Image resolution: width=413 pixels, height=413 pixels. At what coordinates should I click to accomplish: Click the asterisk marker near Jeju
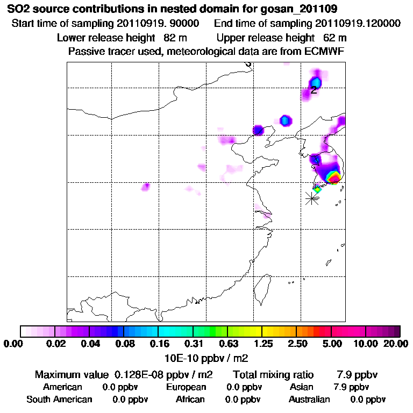tap(311, 198)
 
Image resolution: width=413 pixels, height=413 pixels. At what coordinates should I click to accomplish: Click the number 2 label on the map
tap(314, 90)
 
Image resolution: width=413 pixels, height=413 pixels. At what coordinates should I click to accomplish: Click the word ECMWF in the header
tap(325, 51)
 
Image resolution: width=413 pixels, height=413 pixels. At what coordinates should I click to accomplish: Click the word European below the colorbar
tap(186, 387)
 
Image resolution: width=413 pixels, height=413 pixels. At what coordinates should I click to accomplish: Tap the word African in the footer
tap(190, 400)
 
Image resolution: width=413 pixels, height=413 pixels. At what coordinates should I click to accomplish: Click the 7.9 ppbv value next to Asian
tap(352, 387)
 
